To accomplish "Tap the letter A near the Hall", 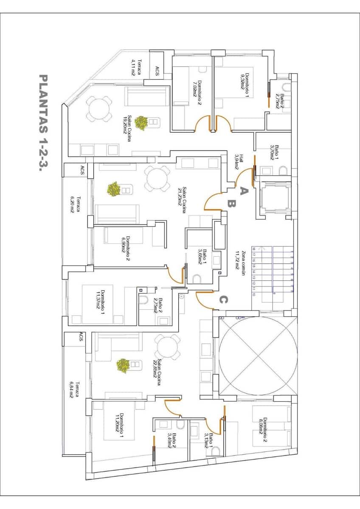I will pos(243,190).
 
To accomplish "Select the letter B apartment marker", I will pos(231,204).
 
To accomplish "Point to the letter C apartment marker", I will pos(223,300).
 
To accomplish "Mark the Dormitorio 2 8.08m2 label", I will pos(262,430).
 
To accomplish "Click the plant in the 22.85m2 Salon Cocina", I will pos(123,366).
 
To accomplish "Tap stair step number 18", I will pos(254,249).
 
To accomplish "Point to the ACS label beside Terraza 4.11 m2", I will pos(157,71).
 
